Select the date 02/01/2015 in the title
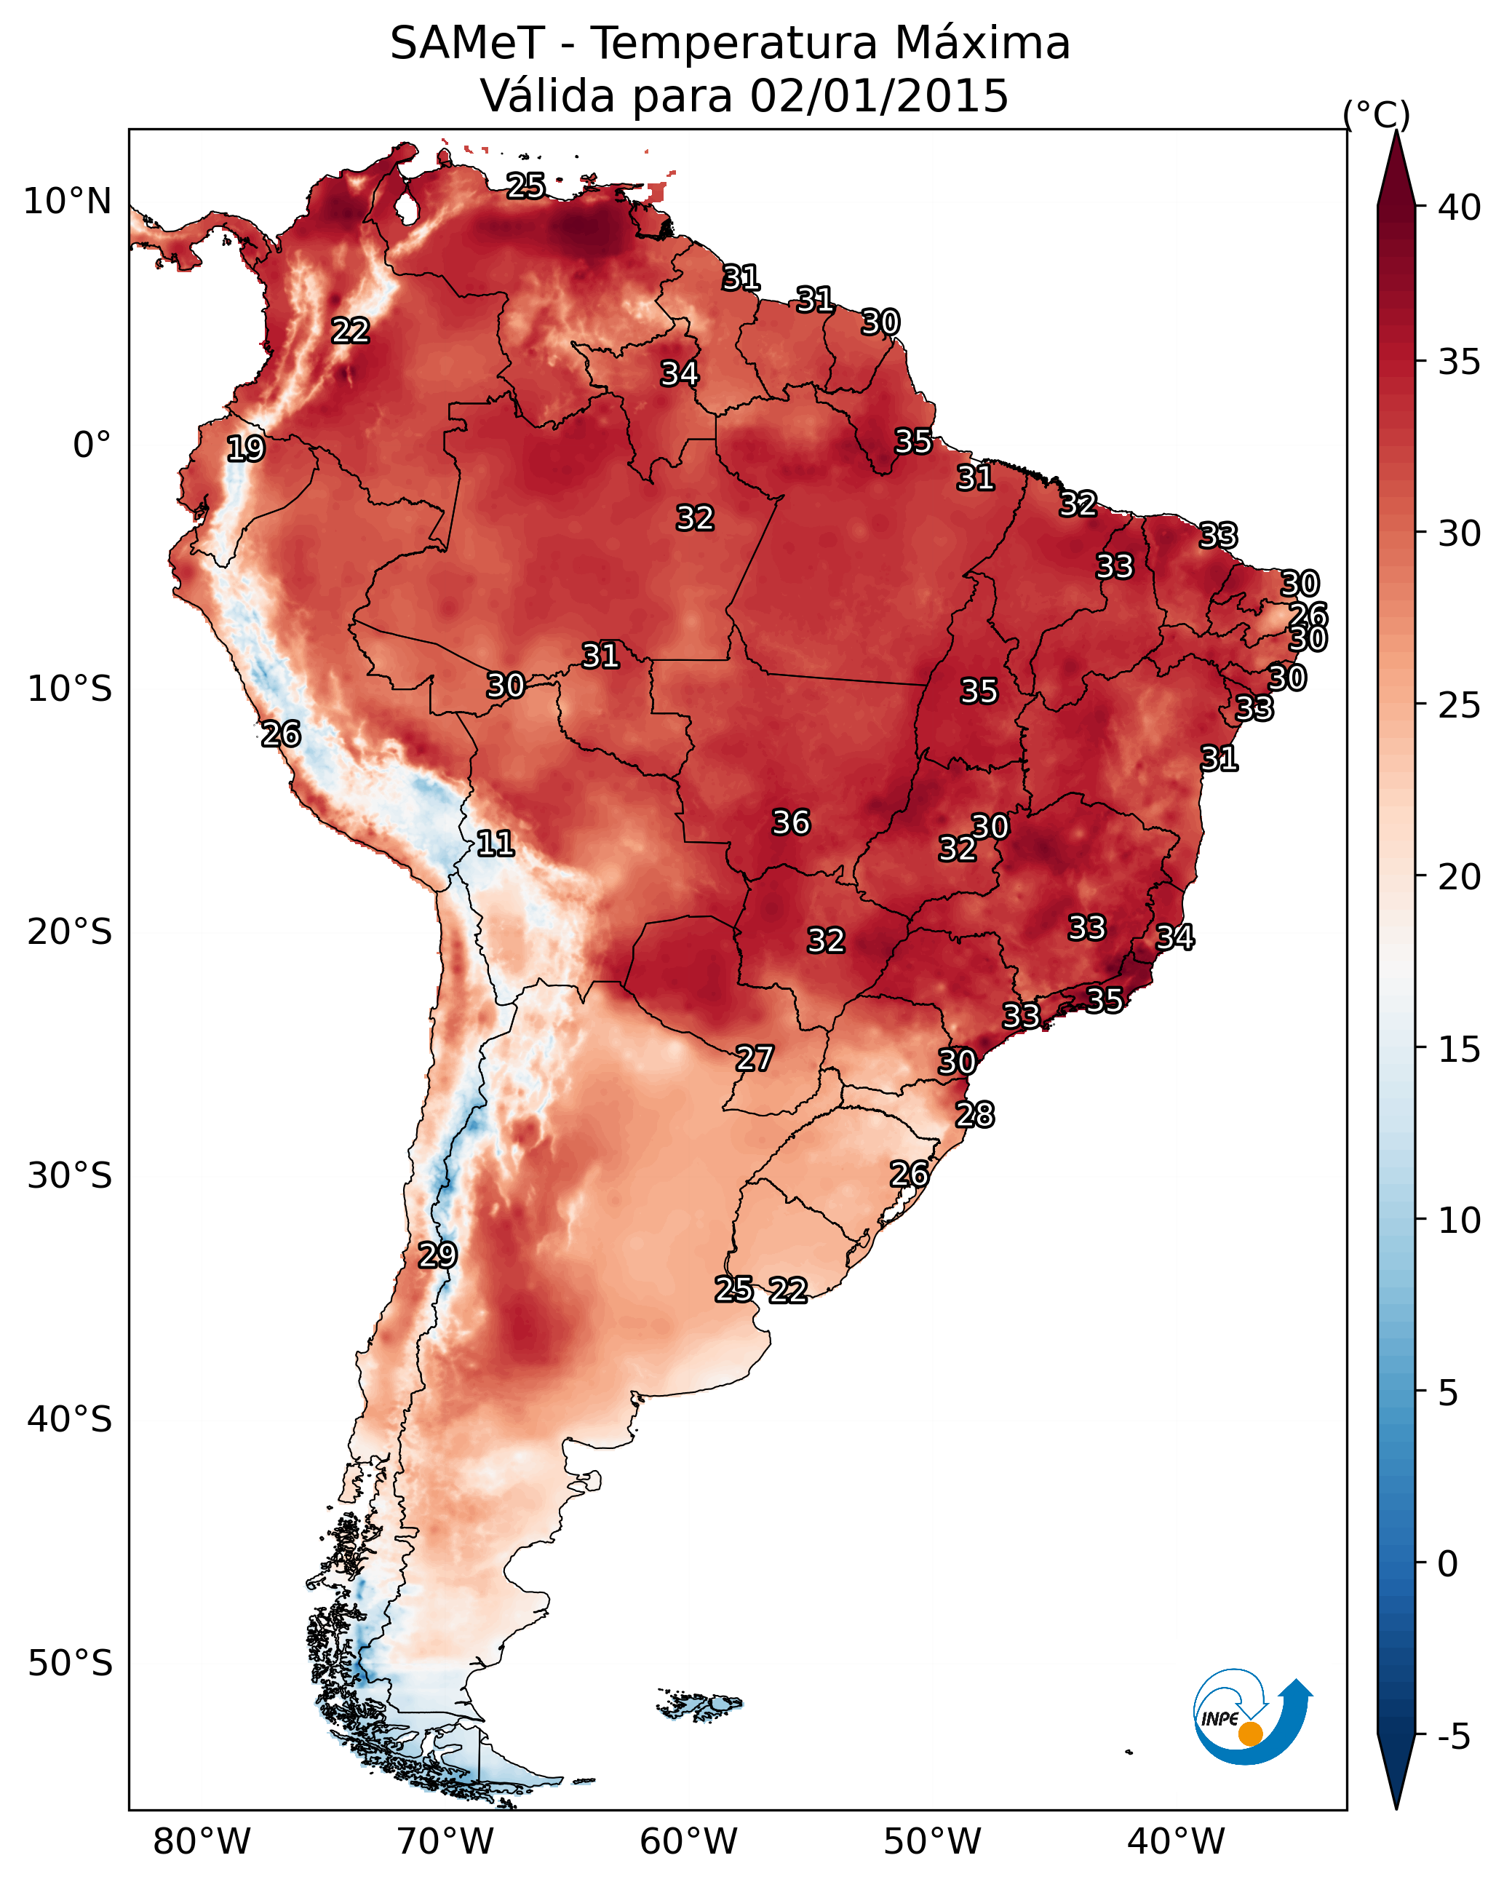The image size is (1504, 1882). click(x=878, y=96)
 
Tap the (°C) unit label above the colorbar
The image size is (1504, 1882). click(x=1377, y=114)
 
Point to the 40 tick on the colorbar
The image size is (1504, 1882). click(x=1460, y=207)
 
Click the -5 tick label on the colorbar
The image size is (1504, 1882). click(x=1453, y=1737)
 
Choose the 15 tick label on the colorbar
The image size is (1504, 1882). click(x=1460, y=1049)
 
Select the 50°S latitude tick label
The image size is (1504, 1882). click(x=70, y=1664)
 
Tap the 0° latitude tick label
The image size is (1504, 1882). click(x=92, y=445)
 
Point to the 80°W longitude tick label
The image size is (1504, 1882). click(x=202, y=1842)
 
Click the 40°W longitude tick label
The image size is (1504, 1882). click(x=1177, y=1842)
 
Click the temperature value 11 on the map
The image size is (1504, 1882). click(x=495, y=843)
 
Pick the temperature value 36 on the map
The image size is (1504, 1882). click(x=792, y=822)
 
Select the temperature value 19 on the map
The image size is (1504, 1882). click(x=245, y=449)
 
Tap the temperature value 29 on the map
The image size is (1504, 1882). click(x=437, y=1255)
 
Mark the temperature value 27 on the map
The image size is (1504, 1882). click(x=754, y=1059)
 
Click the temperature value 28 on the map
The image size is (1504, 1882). click(x=975, y=1115)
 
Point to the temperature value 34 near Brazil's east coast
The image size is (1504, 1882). click(x=1175, y=937)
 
